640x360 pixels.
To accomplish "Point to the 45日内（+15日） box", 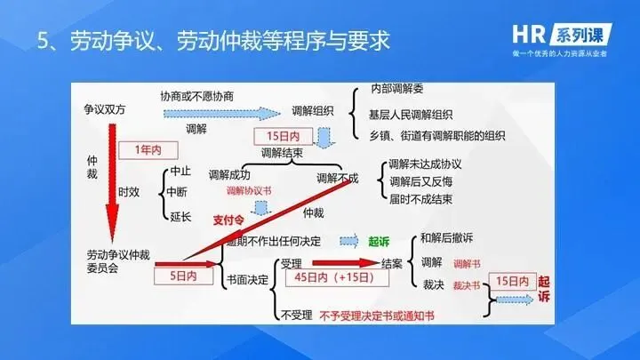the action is (x=328, y=277).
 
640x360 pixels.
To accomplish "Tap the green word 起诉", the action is (x=380, y=240).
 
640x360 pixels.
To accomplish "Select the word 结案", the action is (x=393, y=263).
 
